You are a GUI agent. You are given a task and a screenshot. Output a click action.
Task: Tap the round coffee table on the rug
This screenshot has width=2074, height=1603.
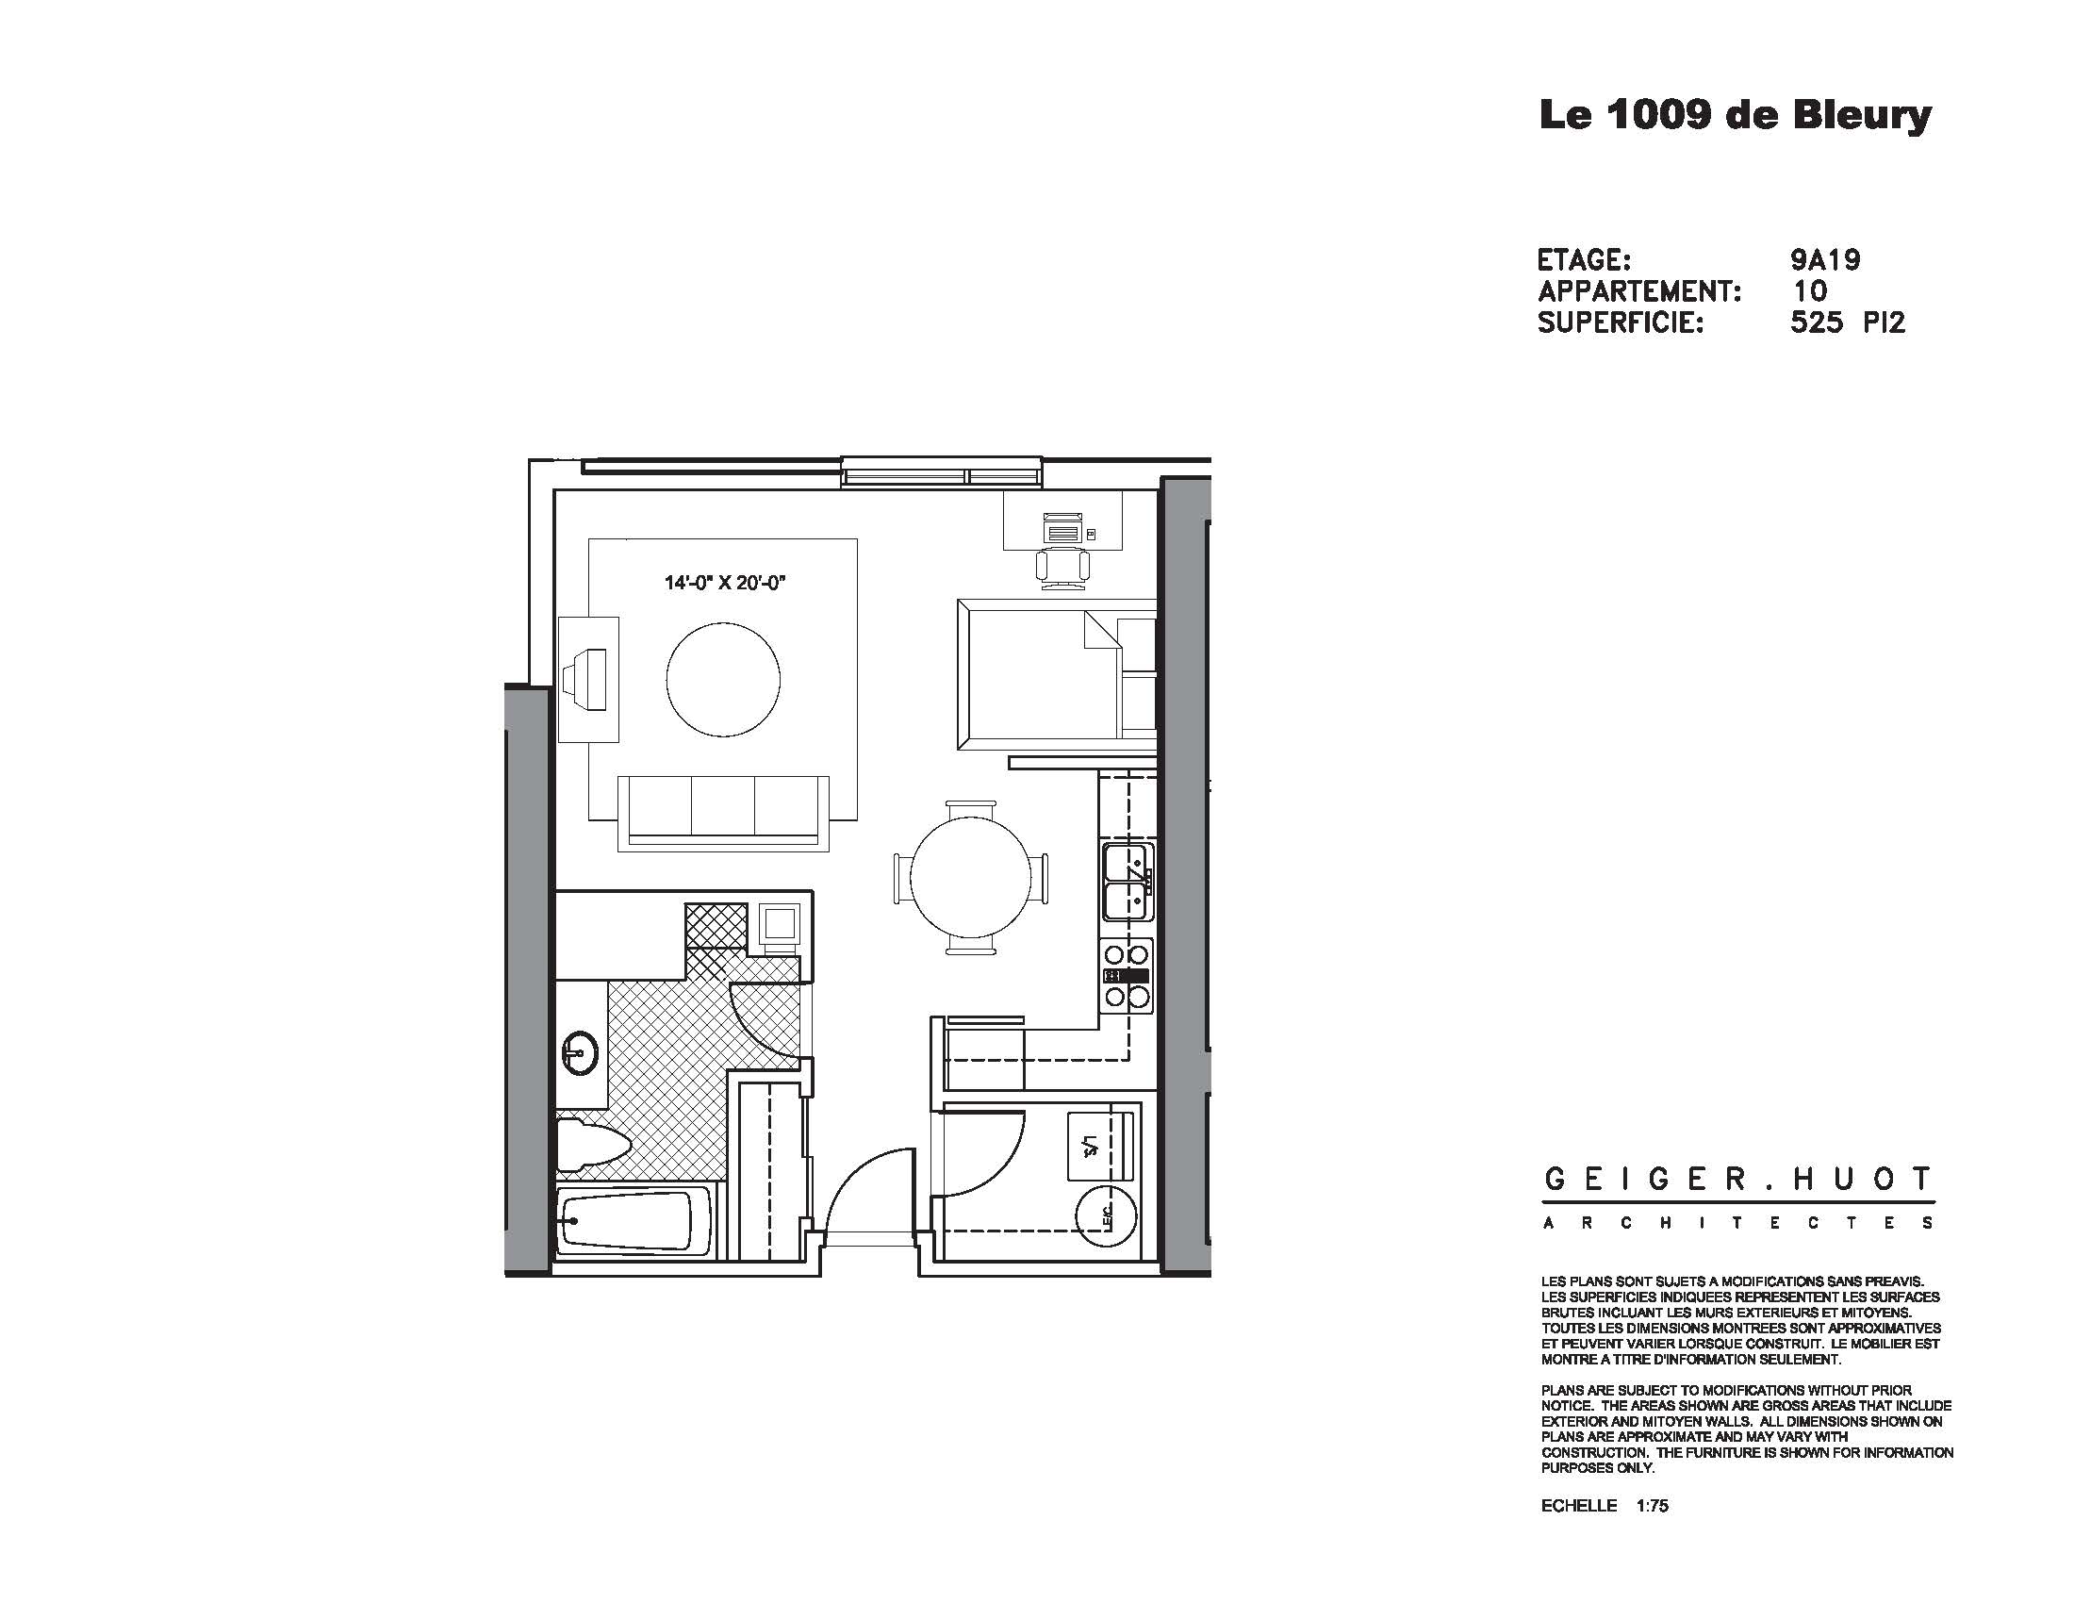[723, 680]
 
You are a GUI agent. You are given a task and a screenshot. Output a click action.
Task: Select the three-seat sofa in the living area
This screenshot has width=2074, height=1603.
[723, 812]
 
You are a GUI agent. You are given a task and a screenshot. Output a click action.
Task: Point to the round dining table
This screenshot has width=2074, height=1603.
[970, 877]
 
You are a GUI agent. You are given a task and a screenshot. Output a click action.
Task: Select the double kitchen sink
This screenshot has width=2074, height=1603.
[1128, 883]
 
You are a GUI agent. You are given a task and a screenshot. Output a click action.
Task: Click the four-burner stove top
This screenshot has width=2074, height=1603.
[1128, 974]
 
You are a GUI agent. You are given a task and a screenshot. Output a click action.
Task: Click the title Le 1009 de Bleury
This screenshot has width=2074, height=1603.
[1734, 116]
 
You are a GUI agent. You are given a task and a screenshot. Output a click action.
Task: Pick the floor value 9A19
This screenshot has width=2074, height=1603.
[1824, 259]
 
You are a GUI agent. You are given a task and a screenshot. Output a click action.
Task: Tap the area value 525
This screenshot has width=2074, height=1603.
[1816, 322]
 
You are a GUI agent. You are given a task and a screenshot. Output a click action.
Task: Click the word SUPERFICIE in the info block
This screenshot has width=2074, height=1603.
[1620, 322]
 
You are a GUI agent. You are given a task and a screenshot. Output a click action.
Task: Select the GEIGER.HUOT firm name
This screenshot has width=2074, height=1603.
[1737, 1181]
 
